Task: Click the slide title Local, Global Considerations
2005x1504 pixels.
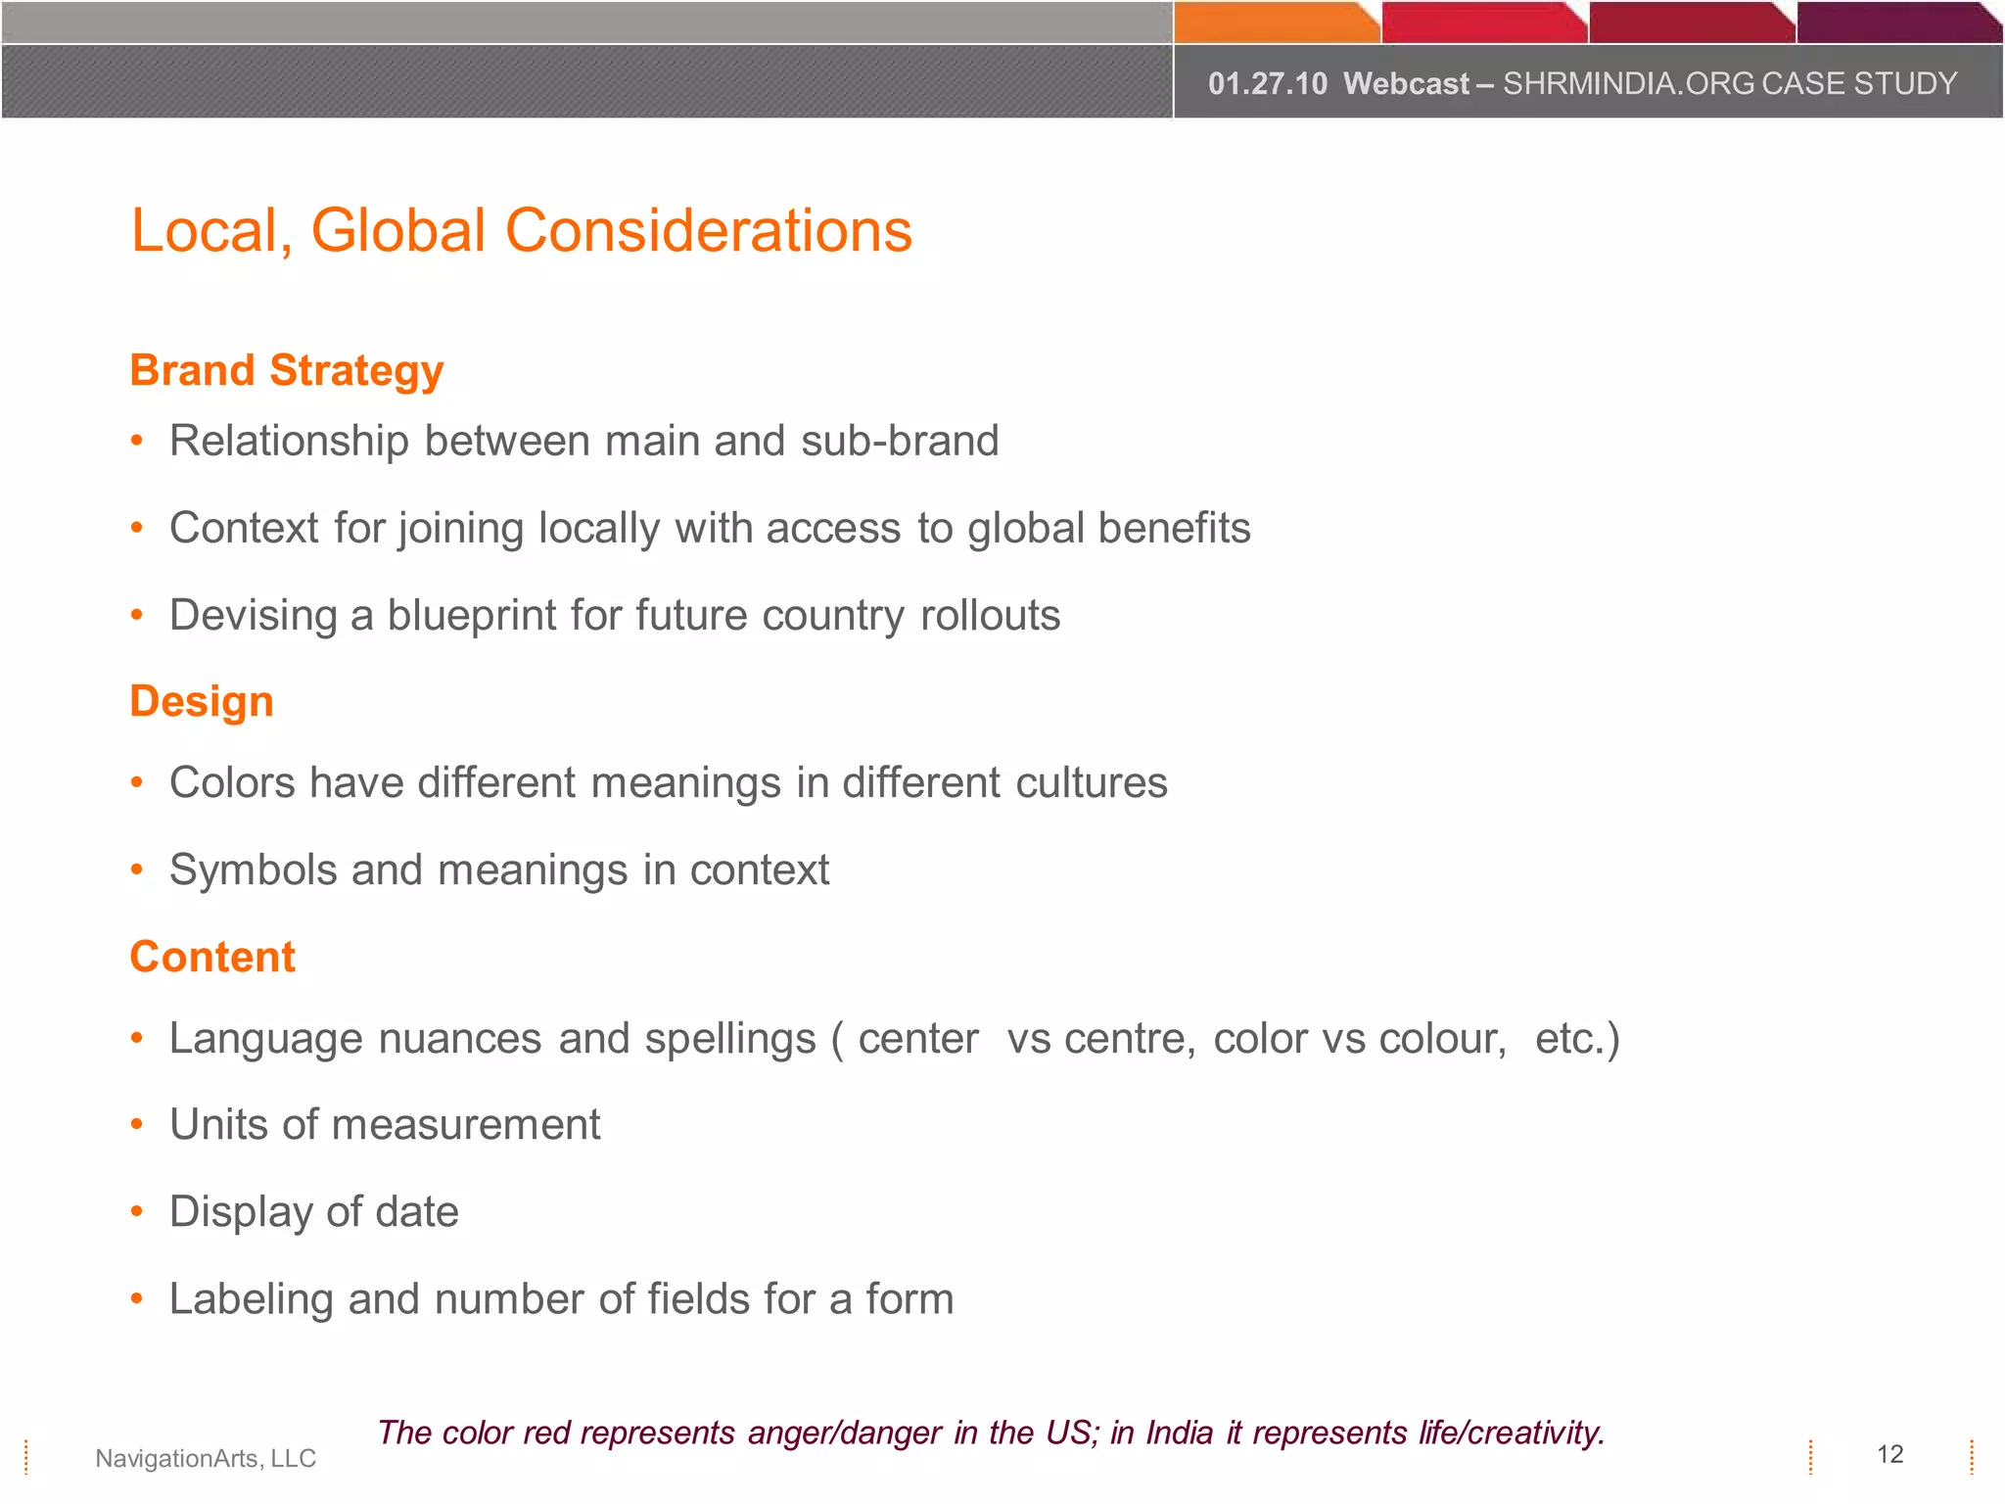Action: tap(522, 231)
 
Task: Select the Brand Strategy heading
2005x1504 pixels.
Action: tap(287, 371)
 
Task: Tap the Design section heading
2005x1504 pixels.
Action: tap(202, 702)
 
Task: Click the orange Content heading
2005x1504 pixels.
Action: tap(212, 957)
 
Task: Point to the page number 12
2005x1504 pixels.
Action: tap(1889, 1454)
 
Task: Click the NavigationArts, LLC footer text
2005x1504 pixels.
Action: tap(206, 1458)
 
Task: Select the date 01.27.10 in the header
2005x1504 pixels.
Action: tap(1267, 84)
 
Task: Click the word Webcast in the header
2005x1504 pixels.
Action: tap(1406, 84)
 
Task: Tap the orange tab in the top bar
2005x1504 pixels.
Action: tap(1275, 23)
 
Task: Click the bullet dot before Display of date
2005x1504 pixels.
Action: tap(137, 1212)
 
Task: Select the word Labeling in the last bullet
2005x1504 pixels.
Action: tap(252, 1299)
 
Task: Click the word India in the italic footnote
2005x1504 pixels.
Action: tap(1179, 1433)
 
